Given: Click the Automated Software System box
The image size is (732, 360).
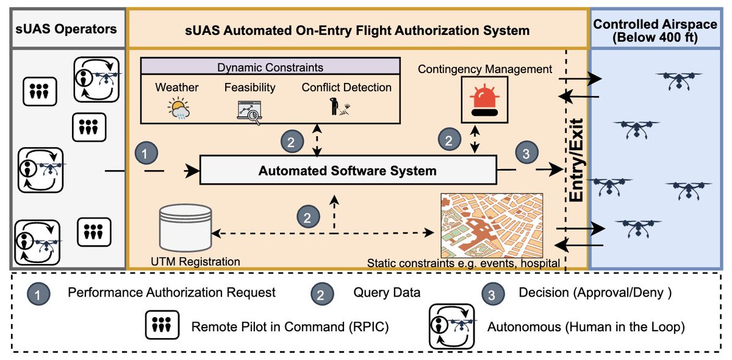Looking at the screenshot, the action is pyautogui.click(x=348, y=170).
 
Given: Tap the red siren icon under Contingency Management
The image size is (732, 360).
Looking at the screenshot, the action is pyautogui.click(x=484, y=100).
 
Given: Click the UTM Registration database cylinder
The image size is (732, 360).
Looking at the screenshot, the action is pyautogui.click(x=185, y=228).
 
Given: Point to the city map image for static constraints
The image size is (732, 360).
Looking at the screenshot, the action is pyautogui.click(x=492, y=226).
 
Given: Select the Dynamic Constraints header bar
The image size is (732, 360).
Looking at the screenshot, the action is pyautogui.click(x=270, y=67).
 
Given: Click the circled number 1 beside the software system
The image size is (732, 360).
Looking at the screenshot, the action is pyautogui.click(x=146, y=153).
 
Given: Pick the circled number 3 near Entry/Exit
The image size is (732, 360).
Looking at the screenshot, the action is pyautogui.click(x=526, y=153).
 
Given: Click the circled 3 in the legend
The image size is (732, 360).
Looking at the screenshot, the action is pyautogui.click(x=493, y=294).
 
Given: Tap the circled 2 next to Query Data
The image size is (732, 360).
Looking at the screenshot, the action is pyautogui.click(x=322, y=294).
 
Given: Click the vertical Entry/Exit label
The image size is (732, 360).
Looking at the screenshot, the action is pyautogui.click(x=576, y=160).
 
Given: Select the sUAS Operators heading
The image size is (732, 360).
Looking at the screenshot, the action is pyautogui.click(x=66, y=29).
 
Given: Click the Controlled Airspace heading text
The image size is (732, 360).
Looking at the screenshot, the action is pyautogui.click(x=655, y=31).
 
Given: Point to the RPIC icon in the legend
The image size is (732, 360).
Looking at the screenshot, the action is pyautogui.click(x=162, y=325).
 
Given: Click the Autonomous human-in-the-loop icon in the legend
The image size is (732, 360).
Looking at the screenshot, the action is pyautogui.click(x=451, y=326).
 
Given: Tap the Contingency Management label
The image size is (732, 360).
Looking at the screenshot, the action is pyautogui.click(x=484, y=69).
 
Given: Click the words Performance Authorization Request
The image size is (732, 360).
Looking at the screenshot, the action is pyautogui.click(x=171, y=292).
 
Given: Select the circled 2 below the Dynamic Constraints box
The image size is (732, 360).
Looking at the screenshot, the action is pyautogui.click(x=292, y=141).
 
